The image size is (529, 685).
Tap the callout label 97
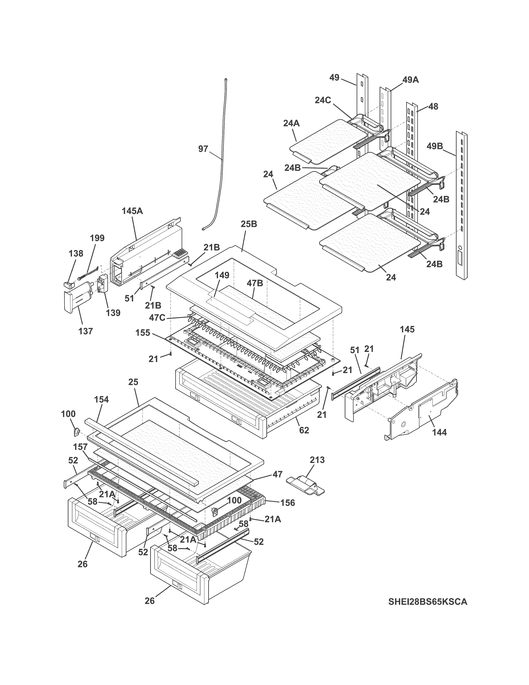pos(203,149)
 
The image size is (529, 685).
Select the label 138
pos(76,253)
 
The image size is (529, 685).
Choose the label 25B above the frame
pos(249,224)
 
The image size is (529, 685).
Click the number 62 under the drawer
pos(304,430)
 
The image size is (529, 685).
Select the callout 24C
pos(323,100)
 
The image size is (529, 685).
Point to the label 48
pos(433,107)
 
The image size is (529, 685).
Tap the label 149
pos(222,275)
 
